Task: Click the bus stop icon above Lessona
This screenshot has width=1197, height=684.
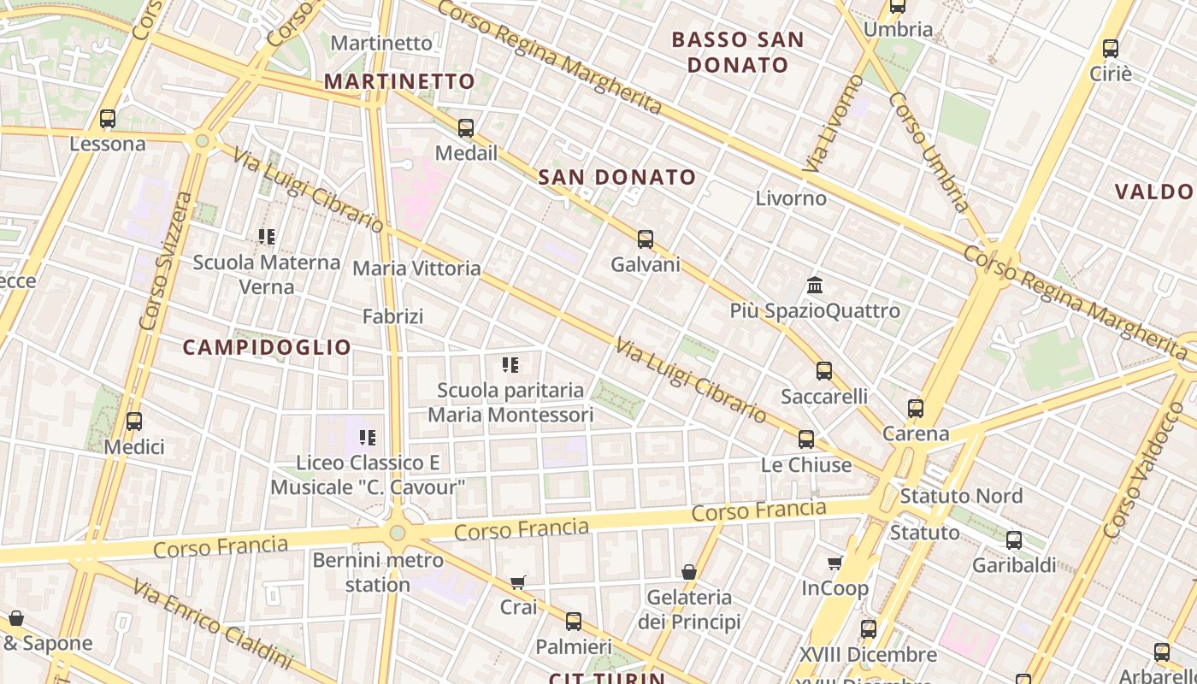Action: click(x=108, y=119)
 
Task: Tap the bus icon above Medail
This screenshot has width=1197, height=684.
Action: click(x=466, y=128)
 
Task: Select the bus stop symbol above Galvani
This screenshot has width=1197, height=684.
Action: click(x=646, y=239)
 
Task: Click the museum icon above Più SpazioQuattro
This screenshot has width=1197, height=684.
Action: click(x=815, y=285)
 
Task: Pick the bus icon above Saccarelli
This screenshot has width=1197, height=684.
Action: click(x=824, y=371)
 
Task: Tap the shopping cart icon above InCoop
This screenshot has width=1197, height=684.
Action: click(x=835, y=563)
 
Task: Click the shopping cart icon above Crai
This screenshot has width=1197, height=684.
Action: click(x=518, y=582)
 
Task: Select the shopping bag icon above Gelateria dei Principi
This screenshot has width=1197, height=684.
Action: click(x=689, y=572)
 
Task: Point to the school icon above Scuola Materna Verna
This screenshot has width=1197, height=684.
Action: click(x=267, y=237)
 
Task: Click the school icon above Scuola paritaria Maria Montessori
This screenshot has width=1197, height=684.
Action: click(x=510, y=365)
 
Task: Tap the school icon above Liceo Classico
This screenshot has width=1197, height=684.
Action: click(x=368, y=438)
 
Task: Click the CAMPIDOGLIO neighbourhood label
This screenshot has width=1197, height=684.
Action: click(x=267, y=347)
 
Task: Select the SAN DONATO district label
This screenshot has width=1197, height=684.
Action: click(x=617, y=178)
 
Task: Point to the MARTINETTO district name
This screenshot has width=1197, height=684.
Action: click(x=399, y=82)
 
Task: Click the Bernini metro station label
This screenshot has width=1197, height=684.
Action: click(x=378, y=573)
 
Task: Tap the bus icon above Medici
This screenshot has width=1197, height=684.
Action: click(x=134, y=422)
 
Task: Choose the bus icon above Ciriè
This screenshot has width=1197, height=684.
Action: click(x=1111, y=49)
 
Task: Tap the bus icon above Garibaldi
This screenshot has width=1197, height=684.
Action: click(x=1014, y=540)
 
